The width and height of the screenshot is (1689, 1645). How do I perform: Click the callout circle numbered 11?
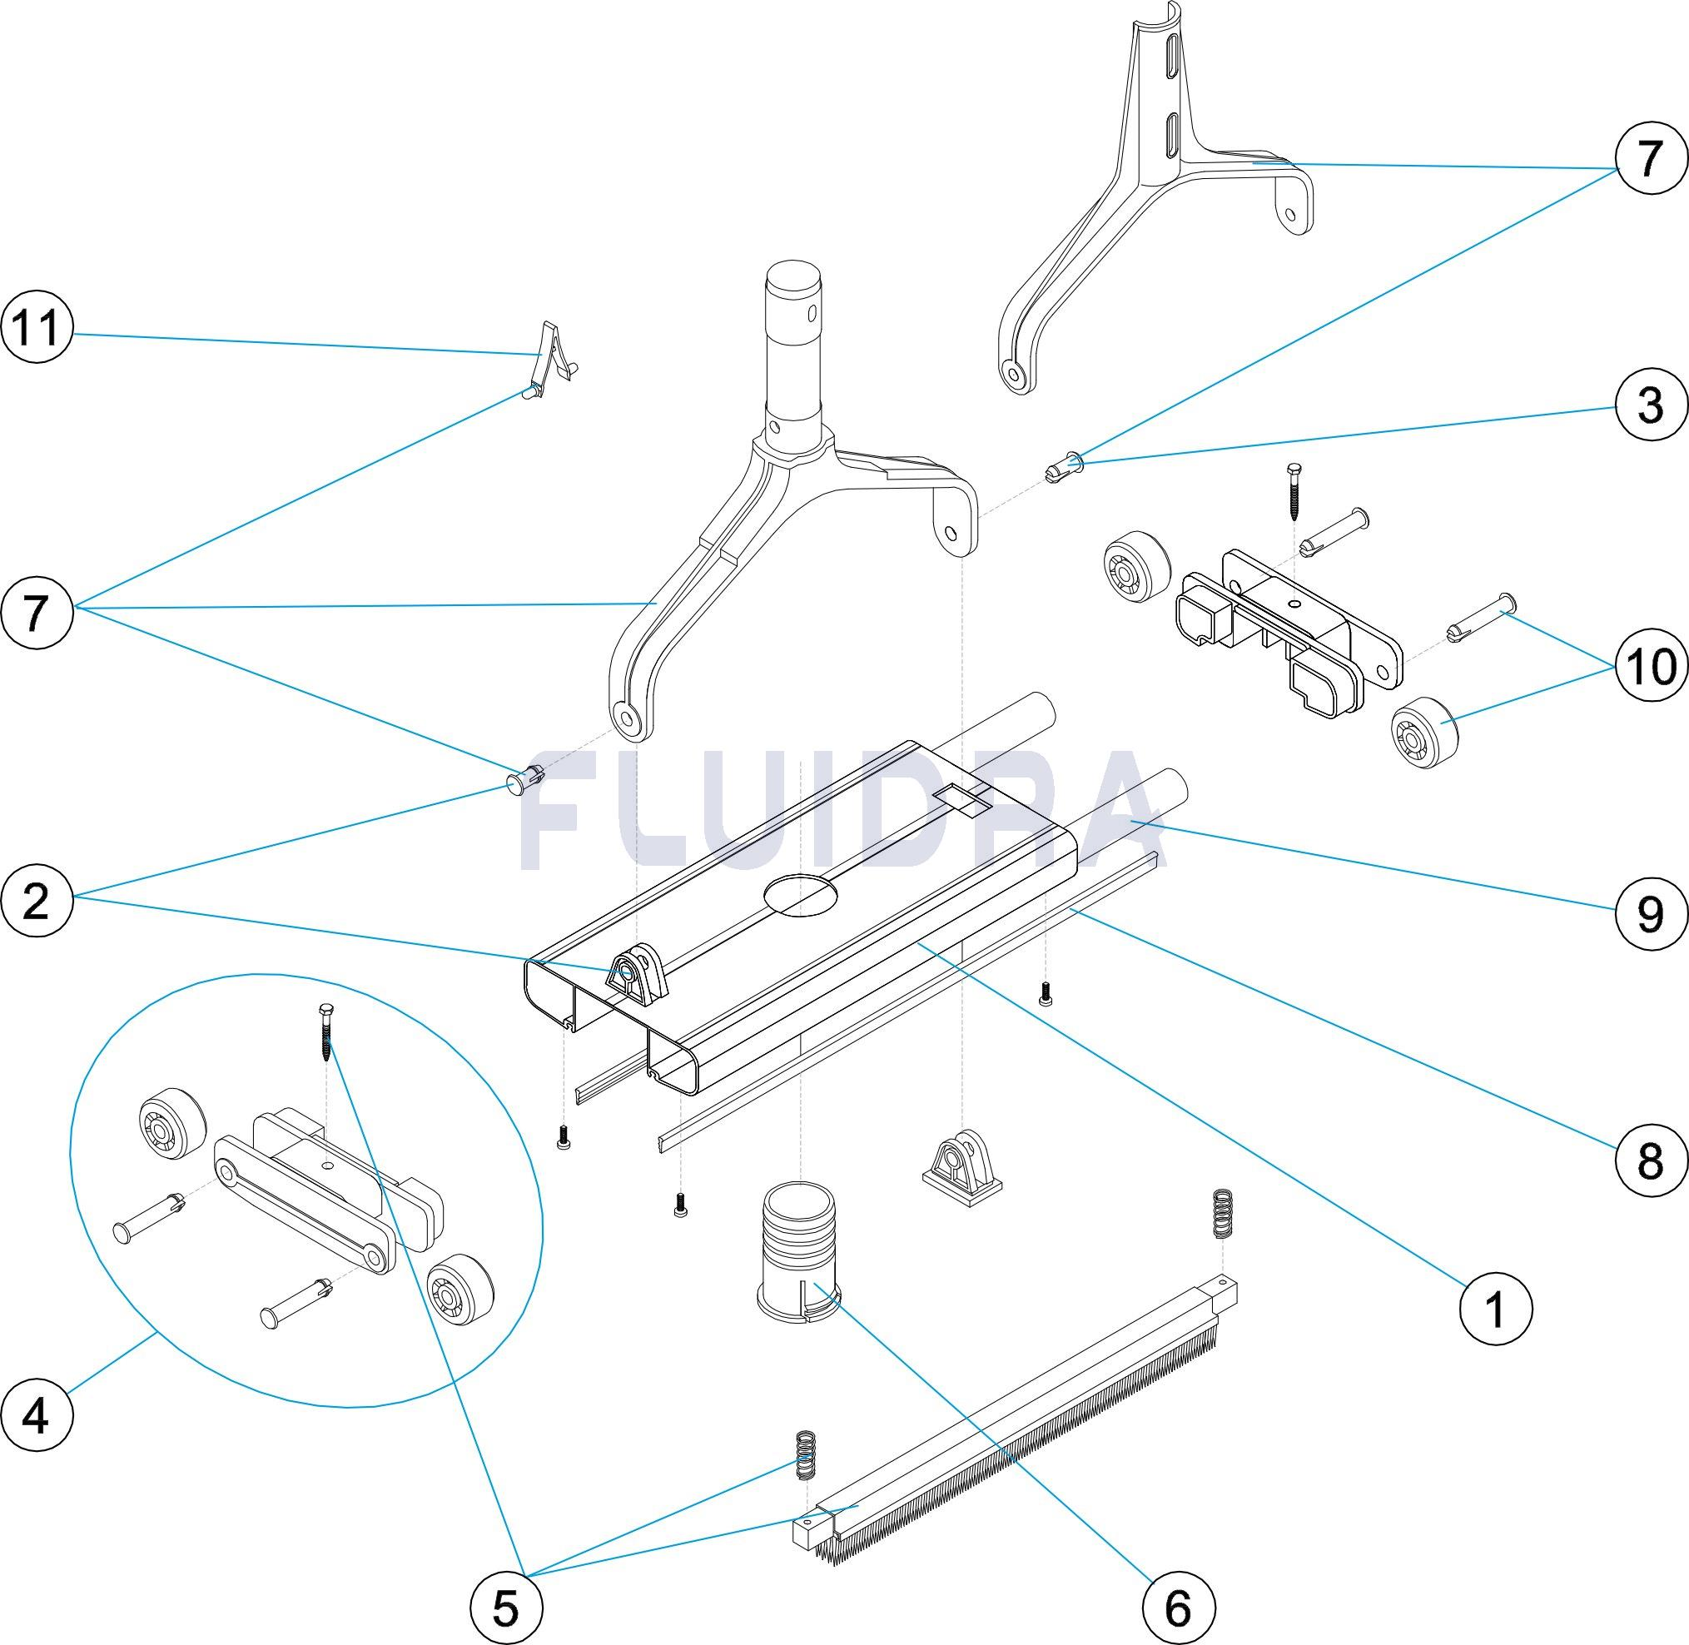point(37,329)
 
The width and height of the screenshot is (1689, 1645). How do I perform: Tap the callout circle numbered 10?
point(1650,665)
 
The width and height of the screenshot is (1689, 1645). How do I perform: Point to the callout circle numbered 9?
point(1650,913)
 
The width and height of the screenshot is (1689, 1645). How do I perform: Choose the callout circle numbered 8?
point(1650,1160)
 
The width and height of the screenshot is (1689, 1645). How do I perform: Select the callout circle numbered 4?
point(37,1417)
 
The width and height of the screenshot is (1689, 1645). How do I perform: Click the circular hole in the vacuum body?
point(802,896)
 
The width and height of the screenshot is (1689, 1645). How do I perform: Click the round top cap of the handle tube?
point(793,280)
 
